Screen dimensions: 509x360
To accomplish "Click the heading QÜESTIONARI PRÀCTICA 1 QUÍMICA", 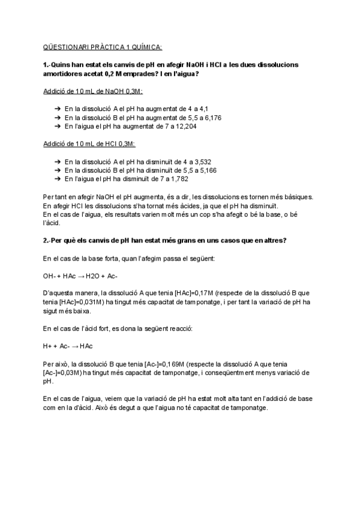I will point(103,47).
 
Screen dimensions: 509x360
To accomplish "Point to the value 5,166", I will point(206,170).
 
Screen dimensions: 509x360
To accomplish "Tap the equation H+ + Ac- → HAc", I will point(68,346).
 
